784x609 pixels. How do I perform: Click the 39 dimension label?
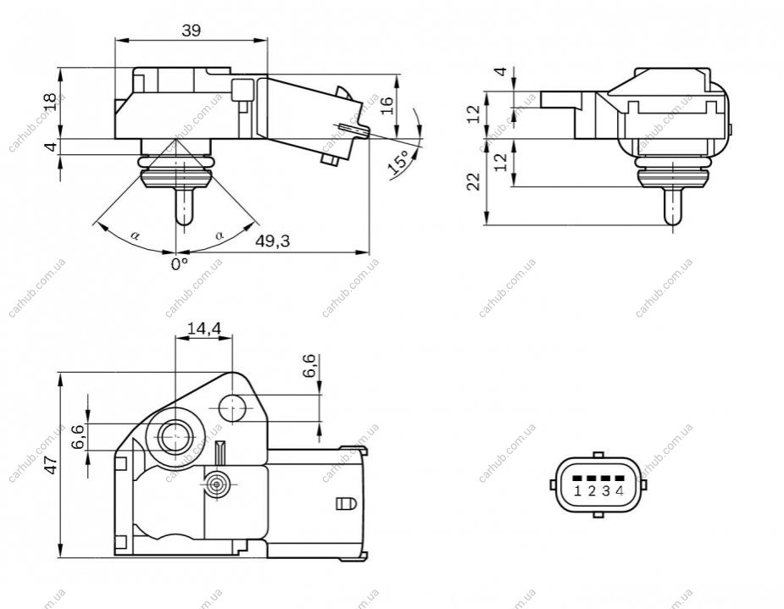(x=191, y=31)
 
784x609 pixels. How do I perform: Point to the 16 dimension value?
(x=387, y=106)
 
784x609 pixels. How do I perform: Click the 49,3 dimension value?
(x=273, y=241)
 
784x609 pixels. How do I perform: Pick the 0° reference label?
(x=180, y=263)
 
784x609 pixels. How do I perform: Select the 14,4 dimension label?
(x=203, y=329)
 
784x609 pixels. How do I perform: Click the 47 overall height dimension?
(x=52, y=465)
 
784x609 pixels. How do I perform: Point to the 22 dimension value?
(x=473, y=181)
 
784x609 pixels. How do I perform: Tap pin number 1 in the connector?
(x=577, y=491)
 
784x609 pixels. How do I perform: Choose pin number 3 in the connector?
(x=606, y=491)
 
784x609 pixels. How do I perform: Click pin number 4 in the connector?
(x=620, y=491)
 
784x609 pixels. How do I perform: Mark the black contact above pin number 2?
(x=592, y=479)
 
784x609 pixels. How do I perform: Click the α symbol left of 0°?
(x=135, y=235)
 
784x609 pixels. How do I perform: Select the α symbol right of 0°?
(x=219, y=235)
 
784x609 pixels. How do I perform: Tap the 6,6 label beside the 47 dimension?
(x=78, y=437)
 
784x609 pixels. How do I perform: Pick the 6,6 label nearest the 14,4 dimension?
(x=309, y=366)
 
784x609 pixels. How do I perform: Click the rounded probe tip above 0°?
(x=184, y=219)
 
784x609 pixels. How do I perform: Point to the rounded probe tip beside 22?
(x=673, y=219)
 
